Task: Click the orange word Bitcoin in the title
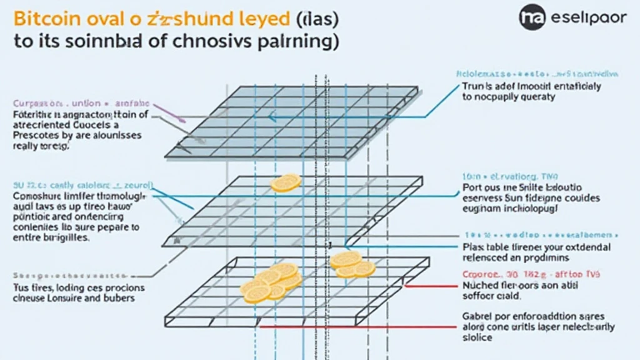tap(46, 18)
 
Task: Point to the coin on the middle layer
tap(286, 182)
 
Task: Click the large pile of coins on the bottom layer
tap(271, 282)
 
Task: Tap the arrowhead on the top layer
tap(271, 116)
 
